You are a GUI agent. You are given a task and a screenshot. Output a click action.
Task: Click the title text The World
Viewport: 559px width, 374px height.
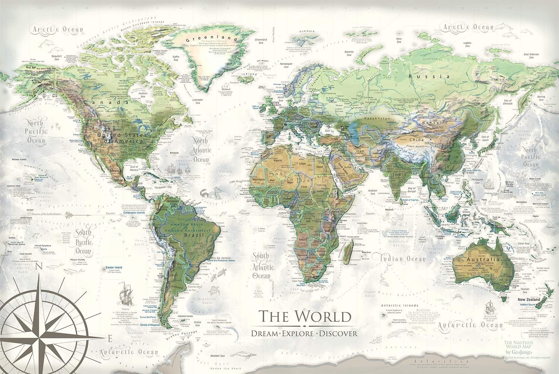point(305,316)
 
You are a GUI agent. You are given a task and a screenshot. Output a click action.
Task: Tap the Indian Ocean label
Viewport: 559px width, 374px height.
point(402,258)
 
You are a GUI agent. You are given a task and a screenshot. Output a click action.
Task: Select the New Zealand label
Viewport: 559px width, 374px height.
point(530,300)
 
